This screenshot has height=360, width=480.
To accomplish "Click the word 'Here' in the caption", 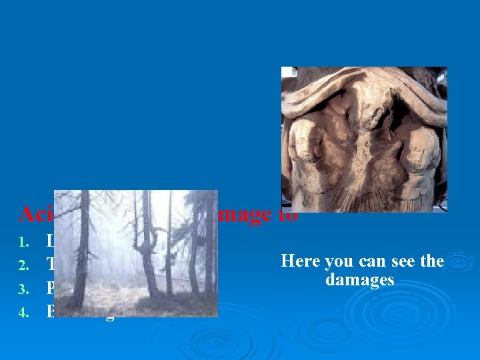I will pos(300,261).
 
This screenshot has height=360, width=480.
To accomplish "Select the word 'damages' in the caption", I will pos(360,280).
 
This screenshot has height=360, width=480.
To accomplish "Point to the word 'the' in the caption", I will pos(431,261).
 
